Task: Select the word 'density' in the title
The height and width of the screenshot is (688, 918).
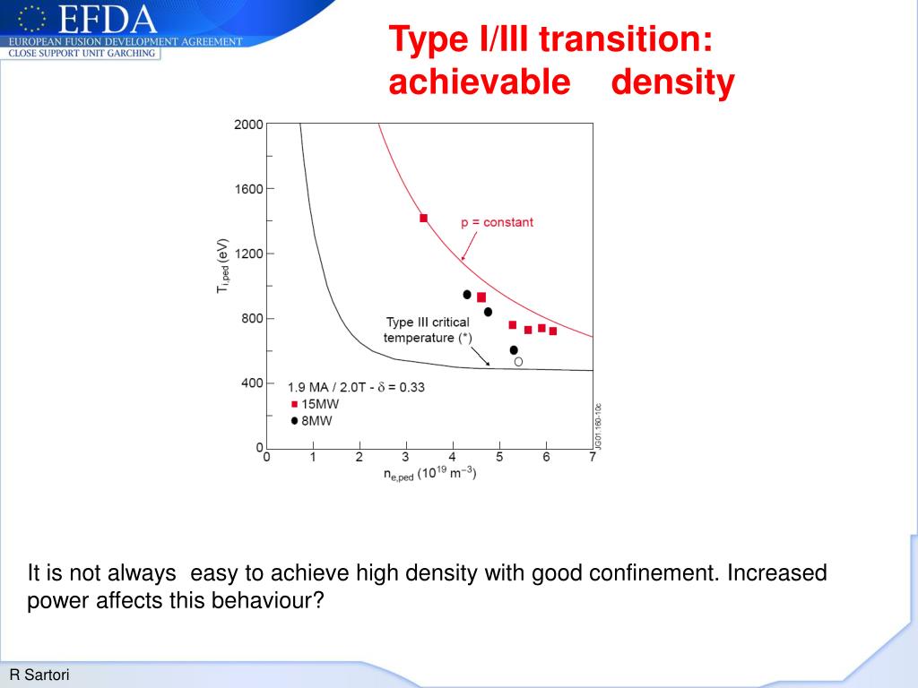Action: coord(673,82)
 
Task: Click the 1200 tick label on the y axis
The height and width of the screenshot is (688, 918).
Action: coord(248,254)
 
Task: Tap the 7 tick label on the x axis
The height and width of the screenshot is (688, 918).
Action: coord(593,458)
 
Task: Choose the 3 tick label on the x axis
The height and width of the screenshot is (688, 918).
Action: coord(406,458)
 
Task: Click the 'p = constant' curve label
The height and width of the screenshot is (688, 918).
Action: coord(497,222)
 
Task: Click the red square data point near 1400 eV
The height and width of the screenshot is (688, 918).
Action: coord(423,218)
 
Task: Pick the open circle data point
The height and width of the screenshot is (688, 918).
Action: coord(518,361)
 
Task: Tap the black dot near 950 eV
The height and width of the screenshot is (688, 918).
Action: coord(466,294)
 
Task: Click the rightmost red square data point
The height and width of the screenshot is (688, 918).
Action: coord(552,331)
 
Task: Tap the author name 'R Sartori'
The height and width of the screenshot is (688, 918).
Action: coord(39,675)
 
